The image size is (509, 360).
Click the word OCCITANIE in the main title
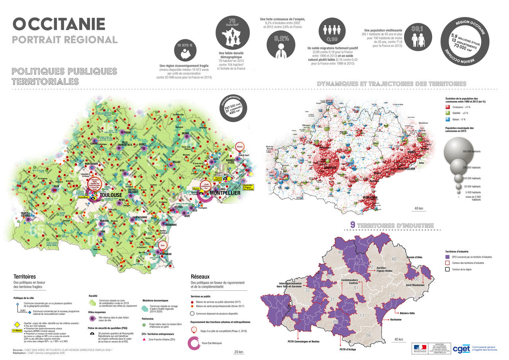click(x=59, y=24)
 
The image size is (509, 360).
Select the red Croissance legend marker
click(x=448, y=107)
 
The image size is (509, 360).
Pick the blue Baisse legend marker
click(x=448, y=119)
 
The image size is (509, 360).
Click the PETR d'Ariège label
click(x=348, y=349)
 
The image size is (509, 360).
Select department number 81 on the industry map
click(x=356, y=288)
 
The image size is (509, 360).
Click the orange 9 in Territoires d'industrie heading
click(x=352, y=225)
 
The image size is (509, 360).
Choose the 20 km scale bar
click(x=239, y=352)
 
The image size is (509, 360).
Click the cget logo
click(x=461, y=348)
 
